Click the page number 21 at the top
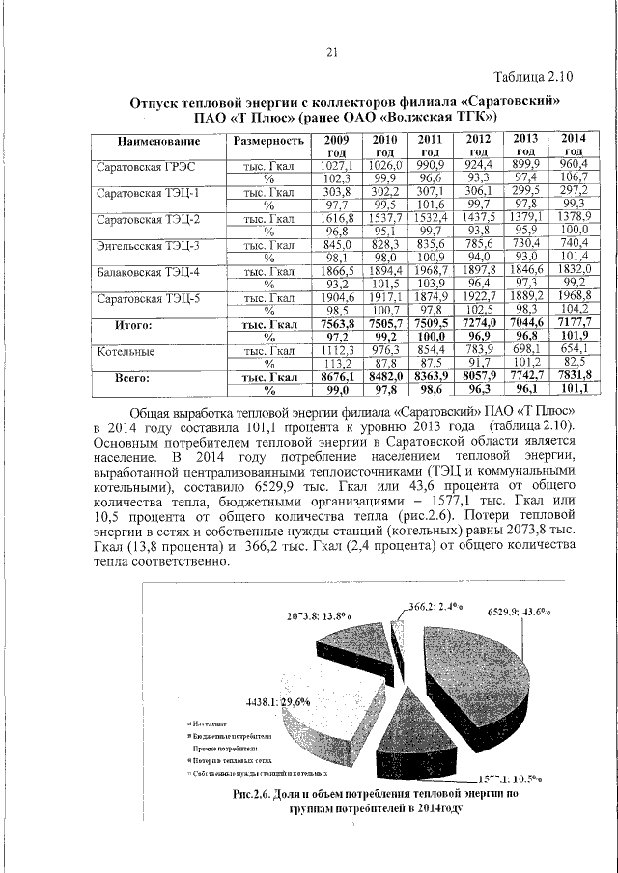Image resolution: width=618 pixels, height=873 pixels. (330, 52)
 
